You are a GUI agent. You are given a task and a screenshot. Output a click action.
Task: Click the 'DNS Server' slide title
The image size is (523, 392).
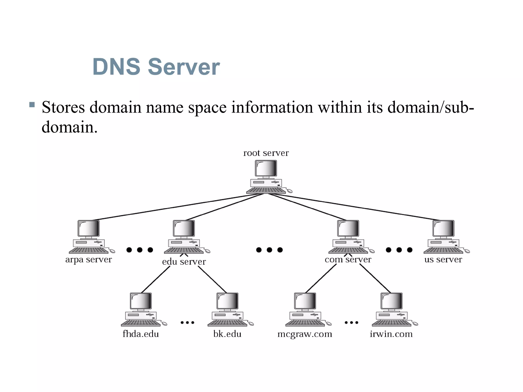point(156,67)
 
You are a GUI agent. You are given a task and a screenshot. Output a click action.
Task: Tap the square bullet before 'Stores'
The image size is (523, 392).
point(32,105)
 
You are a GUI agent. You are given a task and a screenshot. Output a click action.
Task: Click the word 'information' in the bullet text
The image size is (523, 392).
point(272,107)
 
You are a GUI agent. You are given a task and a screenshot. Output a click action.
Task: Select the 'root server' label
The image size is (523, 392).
point(266,153)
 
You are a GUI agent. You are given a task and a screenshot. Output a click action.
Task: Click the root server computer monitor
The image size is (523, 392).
point(266,169)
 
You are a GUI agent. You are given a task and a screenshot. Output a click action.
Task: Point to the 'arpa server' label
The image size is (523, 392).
point(89,260)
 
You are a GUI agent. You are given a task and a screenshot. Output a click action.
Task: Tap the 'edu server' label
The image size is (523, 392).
point(184,262)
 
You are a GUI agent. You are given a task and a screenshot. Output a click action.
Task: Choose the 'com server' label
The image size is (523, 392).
point(348,260)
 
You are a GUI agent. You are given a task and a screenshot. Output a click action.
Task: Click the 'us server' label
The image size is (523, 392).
point(443,260)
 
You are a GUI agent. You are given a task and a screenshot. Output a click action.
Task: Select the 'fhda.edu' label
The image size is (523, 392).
point(141,334)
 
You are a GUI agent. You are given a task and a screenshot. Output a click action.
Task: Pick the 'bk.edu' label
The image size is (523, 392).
point(227,334)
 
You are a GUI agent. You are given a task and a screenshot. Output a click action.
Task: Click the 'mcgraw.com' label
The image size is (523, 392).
point(305,334)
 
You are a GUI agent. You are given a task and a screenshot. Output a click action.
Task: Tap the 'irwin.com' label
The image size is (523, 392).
point(391,334)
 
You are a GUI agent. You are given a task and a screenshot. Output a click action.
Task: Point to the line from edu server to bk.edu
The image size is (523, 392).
point(212,279)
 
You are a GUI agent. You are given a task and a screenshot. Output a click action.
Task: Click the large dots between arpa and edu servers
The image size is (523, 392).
point(140,250)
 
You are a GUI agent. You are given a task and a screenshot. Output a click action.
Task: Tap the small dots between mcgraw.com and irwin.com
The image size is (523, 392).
point(351,323)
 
